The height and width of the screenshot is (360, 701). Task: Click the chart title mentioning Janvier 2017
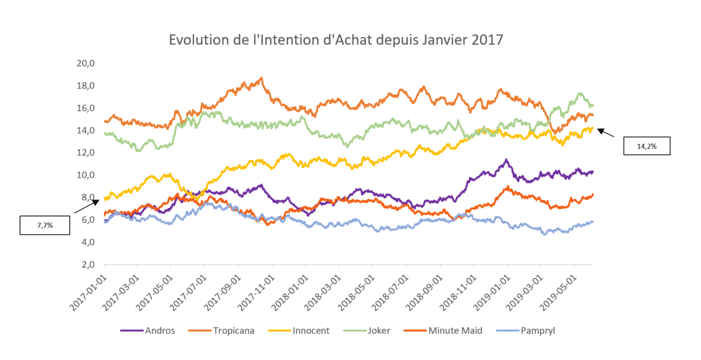coord(336,40)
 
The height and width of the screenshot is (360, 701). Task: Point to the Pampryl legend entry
coord(533,330)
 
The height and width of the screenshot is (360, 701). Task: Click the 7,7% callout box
coord(45,226)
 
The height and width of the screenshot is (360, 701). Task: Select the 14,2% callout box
coord(646,146)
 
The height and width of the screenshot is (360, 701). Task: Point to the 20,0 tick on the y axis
coord(86,63)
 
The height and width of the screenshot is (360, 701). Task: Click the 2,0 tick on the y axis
coord(88,265)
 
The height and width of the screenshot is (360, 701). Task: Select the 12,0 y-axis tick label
coord(86,153)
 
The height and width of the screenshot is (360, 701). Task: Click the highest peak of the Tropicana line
coord(261,78)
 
